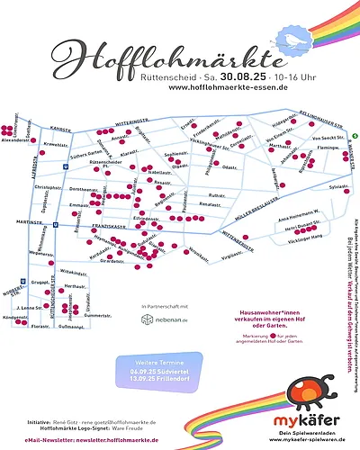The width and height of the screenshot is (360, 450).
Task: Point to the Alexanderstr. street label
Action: (16, 139)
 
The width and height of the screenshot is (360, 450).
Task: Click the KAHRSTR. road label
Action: (60, 129)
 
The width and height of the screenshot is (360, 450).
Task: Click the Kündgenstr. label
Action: (16, 318)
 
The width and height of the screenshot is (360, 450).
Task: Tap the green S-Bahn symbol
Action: (354, 137)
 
